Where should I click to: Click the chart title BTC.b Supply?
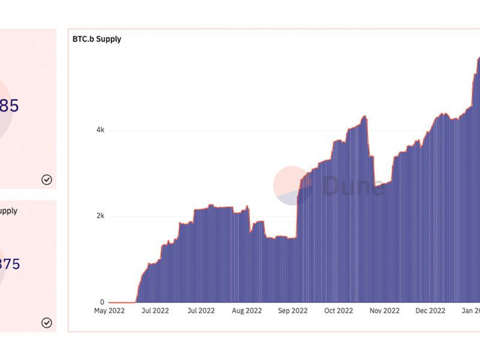97,40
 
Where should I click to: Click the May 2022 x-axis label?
109,311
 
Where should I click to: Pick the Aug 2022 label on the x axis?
246,311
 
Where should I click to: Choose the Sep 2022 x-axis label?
292,311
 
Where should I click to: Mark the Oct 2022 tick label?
338,311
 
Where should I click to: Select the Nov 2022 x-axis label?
384,311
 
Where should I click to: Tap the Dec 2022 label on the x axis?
430,311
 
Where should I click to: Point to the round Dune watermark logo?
292,185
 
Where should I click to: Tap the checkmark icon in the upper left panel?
46,179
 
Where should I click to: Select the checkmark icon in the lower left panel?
46,323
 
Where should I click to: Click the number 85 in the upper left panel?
9,106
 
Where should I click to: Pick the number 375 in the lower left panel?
10,264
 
